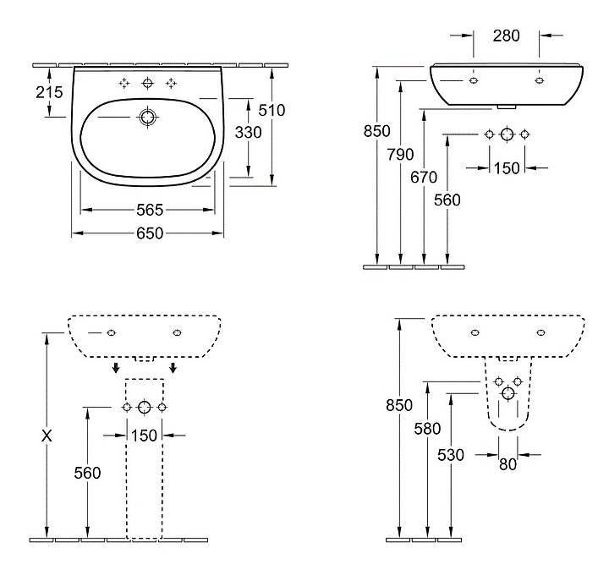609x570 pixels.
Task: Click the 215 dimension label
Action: pos(50,92)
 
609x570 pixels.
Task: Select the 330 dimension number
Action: pos(248,133)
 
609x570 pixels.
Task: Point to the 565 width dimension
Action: pos(149,210)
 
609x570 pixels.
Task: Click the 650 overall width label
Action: pos(149,233)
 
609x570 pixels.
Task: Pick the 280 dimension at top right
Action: pos(506,36)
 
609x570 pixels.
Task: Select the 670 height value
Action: pos(424,177)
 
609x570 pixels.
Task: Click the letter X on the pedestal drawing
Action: pos(47,436)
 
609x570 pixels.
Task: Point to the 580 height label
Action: pos(429,429)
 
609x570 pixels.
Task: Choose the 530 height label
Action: pos(452,455)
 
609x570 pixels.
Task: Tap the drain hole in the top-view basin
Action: pos(148,116)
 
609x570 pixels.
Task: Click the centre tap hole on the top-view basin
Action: pos(148,83)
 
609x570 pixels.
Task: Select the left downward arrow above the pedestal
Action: pos(116,368)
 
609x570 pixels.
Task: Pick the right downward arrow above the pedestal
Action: pos(173,368)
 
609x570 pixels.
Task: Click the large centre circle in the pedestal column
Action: pos(145,408)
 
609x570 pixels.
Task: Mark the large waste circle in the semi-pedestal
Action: pos(507,393)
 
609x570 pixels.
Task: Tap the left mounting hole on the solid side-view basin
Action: pos(473,80)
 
